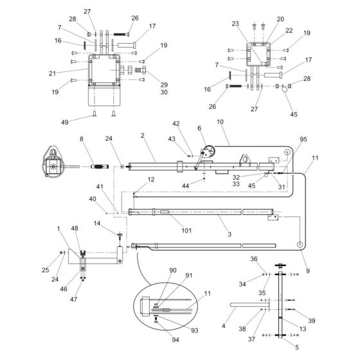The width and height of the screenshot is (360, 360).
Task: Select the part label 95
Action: point(303,139)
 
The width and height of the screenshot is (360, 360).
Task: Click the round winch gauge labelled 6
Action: point(207,154)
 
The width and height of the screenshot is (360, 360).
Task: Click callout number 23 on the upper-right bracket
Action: point(236,24)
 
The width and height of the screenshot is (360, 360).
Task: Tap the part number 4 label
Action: point(224,326)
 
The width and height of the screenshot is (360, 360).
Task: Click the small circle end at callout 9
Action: point(299,244)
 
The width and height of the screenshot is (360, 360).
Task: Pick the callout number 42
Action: point(175,123)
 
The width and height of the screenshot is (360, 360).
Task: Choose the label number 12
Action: point(150,180)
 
